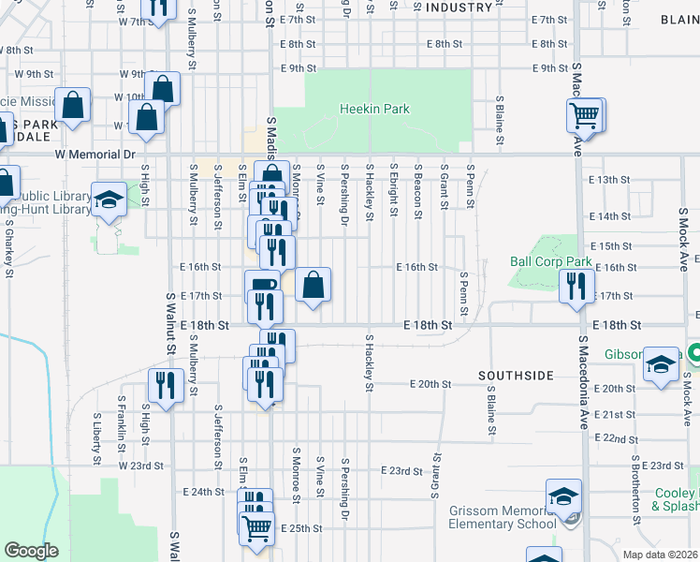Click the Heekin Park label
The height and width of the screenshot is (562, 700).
point(373,110)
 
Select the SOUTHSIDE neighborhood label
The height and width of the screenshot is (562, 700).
point(516,376)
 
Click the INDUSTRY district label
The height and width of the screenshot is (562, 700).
point(459,7)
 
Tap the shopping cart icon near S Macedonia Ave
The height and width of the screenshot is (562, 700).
point(584,116)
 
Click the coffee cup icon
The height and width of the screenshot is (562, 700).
point(261,286)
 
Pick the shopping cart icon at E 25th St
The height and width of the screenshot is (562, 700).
point(256,526)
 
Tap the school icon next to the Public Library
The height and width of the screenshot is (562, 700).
point(109,199)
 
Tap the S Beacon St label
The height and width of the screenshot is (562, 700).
point(417,191)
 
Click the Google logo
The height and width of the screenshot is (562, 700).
point(31,551)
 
